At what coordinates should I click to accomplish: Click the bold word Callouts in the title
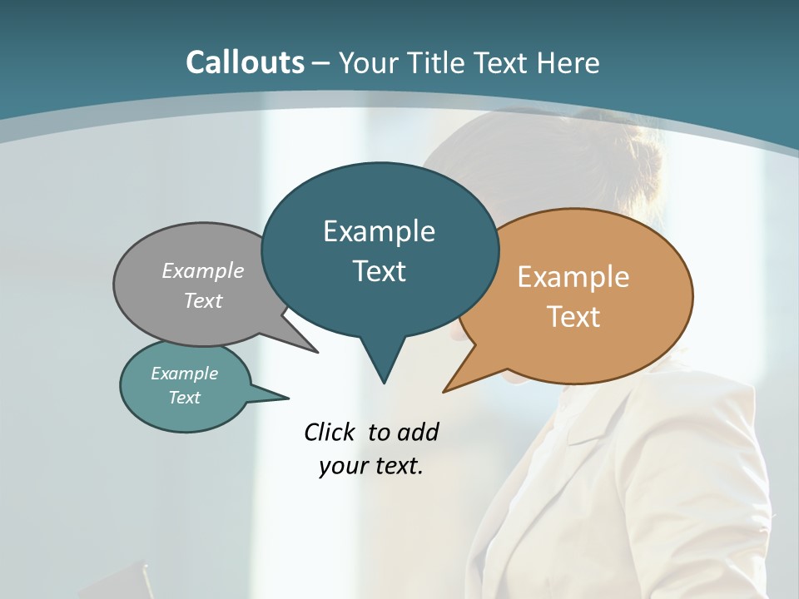(245, 62)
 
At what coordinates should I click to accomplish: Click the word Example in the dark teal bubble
(379, 231)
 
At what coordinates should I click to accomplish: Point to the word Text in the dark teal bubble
(379, 271)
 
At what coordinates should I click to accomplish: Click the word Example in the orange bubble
(573, 277)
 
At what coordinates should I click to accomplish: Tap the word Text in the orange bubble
(573, 317)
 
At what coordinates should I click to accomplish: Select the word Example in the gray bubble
(203, 270)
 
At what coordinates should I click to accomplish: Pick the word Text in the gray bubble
(203, 300)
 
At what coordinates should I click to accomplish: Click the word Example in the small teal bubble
(185, 374)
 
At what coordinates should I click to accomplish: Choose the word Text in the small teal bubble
(185, 398)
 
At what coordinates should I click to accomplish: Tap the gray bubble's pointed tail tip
(316, 352)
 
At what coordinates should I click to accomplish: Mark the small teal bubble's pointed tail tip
(288, 397)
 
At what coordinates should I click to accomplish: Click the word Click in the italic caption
(331, 432)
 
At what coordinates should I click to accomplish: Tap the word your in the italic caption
(342, 466)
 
